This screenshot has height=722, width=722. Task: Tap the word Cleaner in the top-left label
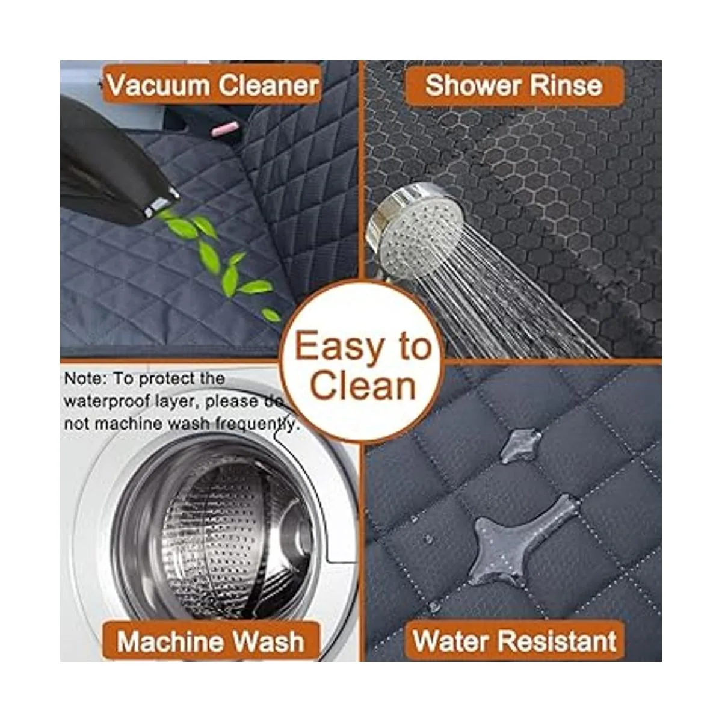[268, 85]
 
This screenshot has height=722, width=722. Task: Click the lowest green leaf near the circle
[271, 315]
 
